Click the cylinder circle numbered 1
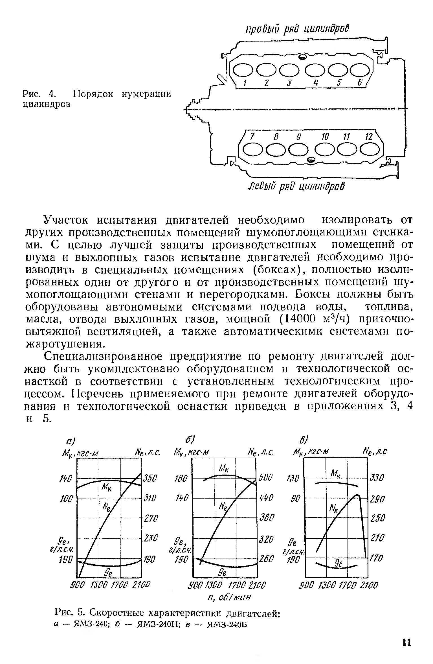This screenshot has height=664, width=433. pos(243,69)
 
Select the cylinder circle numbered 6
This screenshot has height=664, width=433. pos(359,69)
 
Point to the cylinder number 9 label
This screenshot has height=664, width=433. pos(298,137)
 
